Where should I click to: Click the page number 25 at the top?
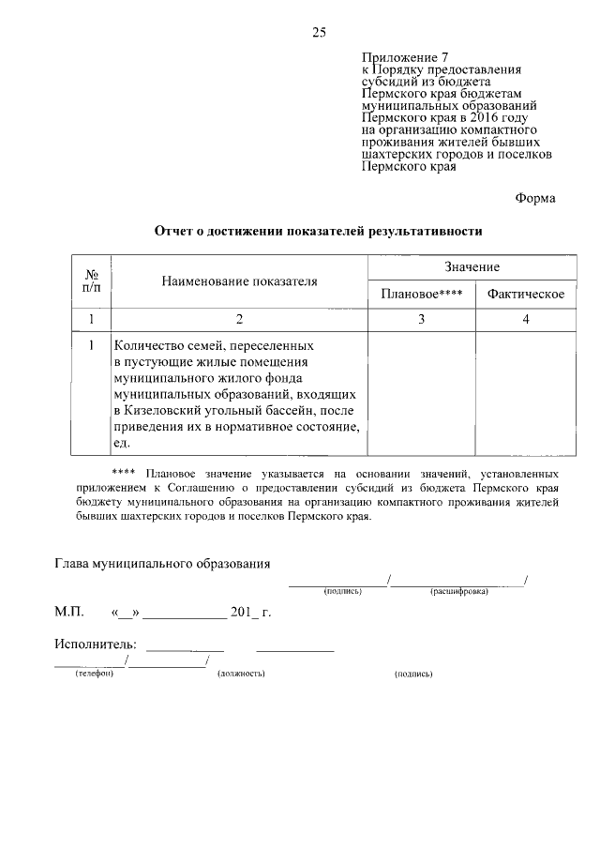point(319,33)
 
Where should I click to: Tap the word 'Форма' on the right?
point(535,198)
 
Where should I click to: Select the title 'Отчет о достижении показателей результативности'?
point(318,230)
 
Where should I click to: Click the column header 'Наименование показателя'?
point(239,280)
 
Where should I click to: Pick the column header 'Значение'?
point(472,267)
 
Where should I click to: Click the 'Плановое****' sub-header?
point(422,295)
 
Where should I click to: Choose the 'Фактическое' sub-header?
point(525,295)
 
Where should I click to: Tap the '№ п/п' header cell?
point(92,280)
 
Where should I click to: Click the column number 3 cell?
point(422,320)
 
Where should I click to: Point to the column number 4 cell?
point(525,320)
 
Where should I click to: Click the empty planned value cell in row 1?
point(422,394)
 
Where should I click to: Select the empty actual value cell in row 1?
point(525,394)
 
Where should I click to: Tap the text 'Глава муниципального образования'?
point(162,564)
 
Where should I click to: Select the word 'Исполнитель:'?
point(95,644)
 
